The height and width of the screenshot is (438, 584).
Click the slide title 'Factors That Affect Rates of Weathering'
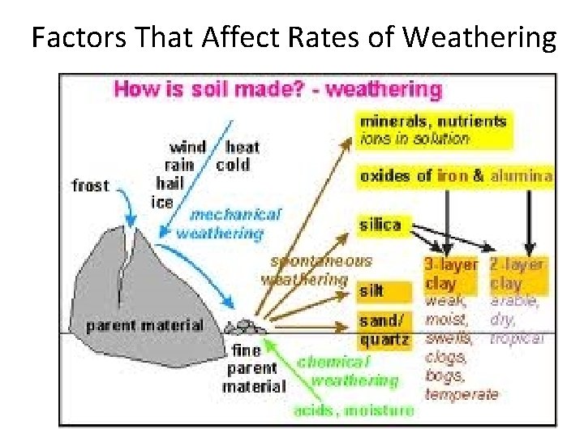point(294,37)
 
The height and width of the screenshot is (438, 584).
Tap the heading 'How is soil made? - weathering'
point(278,88)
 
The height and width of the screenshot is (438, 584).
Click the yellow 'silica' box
point(380,225)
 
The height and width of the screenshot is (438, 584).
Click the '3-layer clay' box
point(452,275)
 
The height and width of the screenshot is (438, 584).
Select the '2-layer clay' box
point(517,275)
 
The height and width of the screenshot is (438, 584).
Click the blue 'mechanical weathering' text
point(230,225)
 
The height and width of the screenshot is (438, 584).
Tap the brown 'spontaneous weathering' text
point(316,271)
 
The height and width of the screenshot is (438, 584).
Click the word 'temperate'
point(461,394)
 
